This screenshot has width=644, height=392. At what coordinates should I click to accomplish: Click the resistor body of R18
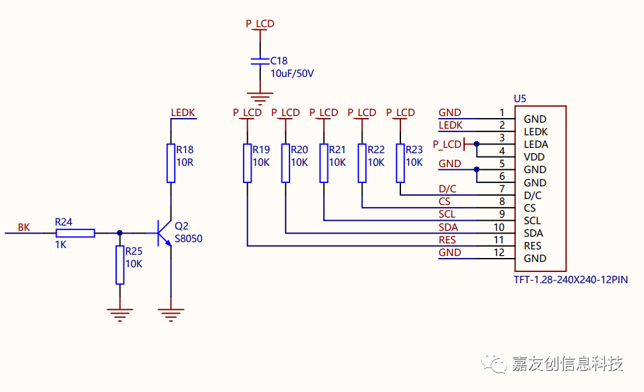point(171,163)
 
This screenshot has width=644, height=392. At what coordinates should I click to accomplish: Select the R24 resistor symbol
point(75,233)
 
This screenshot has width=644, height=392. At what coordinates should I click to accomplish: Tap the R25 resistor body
point(120,265)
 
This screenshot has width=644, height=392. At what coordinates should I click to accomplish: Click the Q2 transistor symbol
point(164,233)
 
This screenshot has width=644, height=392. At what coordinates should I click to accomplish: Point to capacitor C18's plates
point(260,61)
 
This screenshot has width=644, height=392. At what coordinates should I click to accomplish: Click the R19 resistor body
point(247,163)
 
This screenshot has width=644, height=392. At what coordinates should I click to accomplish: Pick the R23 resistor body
point(400,163)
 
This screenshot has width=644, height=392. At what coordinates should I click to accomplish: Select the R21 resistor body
point(323,163)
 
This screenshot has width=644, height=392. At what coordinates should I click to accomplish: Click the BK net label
point(24,228)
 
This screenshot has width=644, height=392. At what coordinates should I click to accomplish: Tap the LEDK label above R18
point(183,113)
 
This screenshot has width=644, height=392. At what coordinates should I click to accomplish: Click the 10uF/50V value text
point(292,74)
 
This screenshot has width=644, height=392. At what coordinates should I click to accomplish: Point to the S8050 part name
point(189,239)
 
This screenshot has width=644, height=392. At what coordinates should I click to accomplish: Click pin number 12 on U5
point(499,253)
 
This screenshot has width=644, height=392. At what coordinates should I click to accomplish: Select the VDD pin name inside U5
point(534,157)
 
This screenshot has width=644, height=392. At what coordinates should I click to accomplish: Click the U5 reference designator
point(520,99)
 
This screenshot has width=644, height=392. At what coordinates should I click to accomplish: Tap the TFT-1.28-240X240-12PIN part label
point(571,280)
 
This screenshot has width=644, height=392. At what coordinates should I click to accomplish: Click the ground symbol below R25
point(120,314)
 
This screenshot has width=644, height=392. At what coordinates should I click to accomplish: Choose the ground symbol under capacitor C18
point(260,99)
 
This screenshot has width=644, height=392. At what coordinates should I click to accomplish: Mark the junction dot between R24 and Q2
point(120,233)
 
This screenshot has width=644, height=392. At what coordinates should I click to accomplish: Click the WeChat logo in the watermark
point(494,363)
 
